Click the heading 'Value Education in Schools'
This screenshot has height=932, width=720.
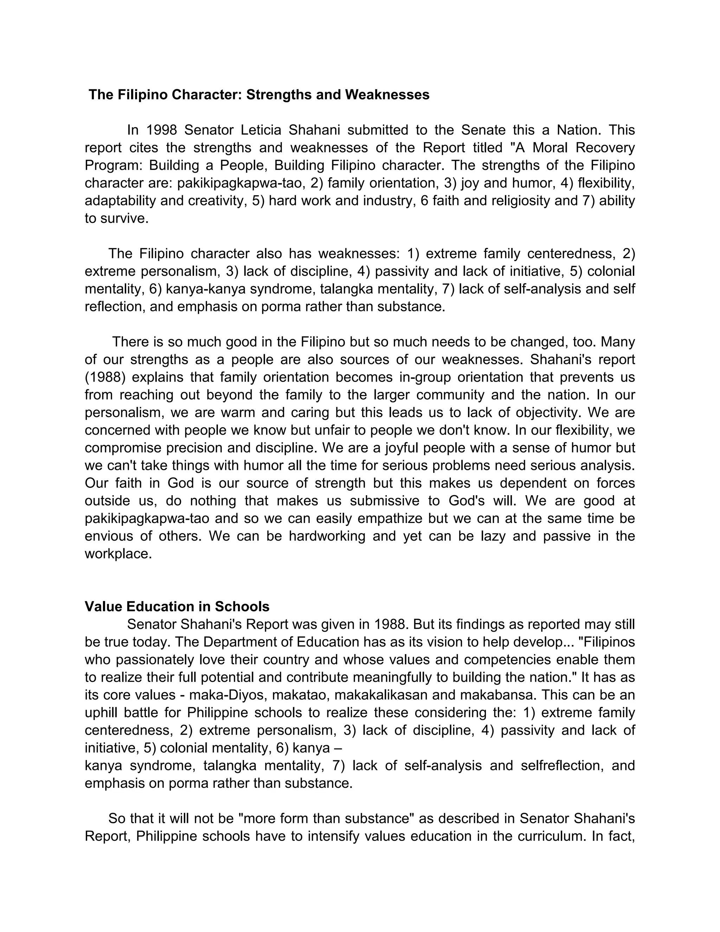[177, 606]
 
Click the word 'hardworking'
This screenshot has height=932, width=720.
[327, 536]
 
